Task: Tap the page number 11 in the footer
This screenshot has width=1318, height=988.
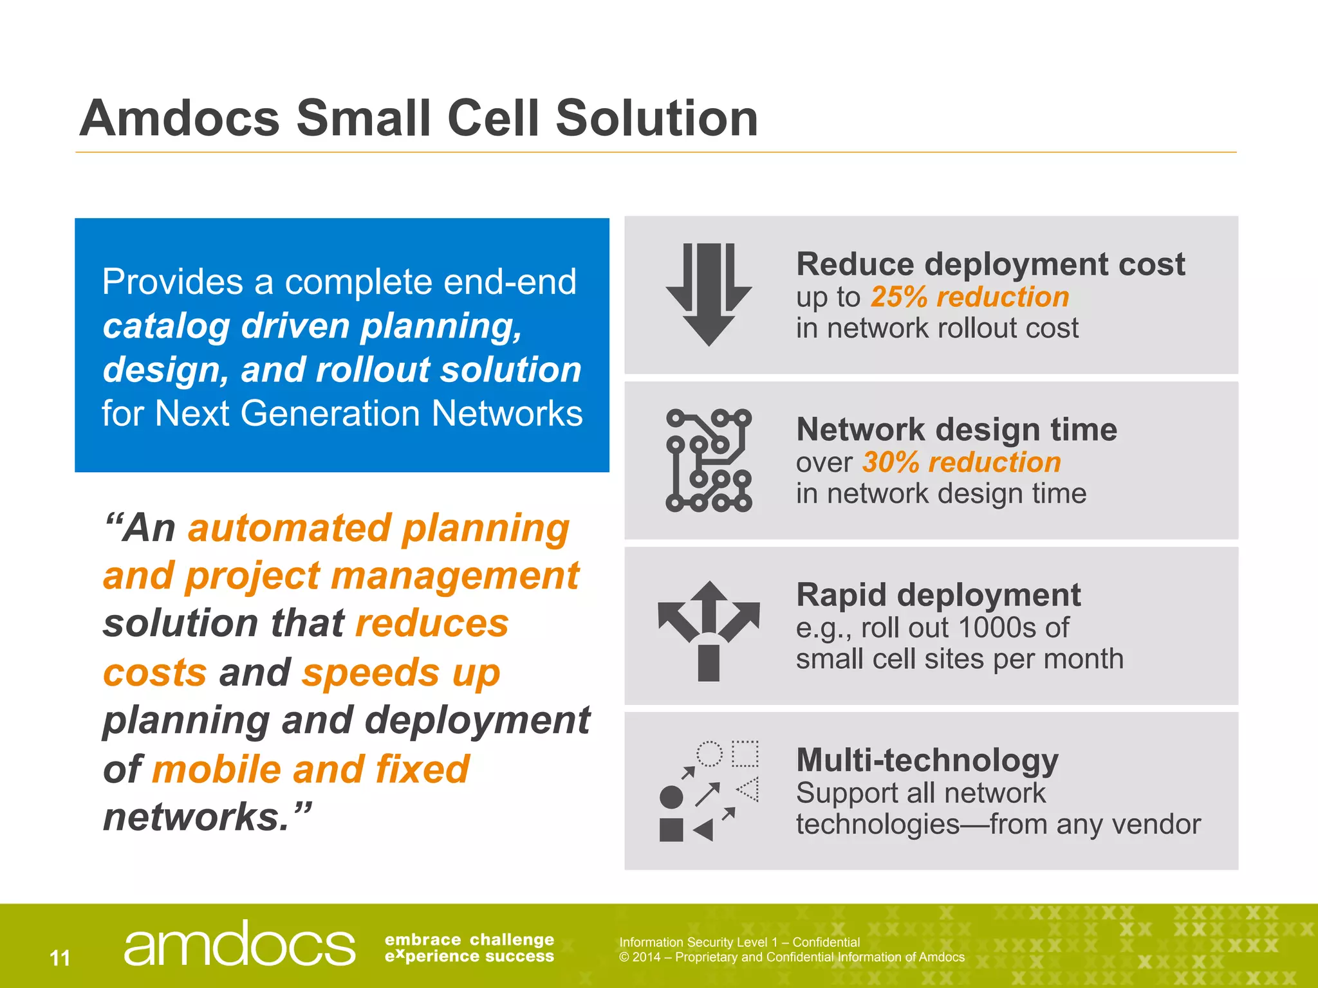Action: [x=60, y=958]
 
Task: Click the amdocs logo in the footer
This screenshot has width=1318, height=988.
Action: [x=239, y=944]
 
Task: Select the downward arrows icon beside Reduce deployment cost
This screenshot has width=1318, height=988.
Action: [x=709, y=295]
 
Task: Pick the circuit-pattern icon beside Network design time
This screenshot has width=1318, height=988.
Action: [x=709, y=460]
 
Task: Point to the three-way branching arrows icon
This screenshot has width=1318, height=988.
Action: [x=709, y=630]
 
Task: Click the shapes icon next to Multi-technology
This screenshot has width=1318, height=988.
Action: [x=709, y=791]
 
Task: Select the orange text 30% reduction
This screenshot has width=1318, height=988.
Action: [x=961, y=462]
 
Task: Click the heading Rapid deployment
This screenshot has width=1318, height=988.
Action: [x=938, y=595]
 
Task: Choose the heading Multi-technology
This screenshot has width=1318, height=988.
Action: [x=927, y=760]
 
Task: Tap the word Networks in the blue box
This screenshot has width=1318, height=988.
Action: [x=507, y=413]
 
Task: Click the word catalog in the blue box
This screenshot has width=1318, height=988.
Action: [x=166, y=327]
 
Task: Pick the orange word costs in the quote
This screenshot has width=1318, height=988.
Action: [x=154, y=673]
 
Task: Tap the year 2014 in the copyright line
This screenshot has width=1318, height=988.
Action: [x=645, y=957]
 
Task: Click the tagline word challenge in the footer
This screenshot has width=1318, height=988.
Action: [x=512, y=940]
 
